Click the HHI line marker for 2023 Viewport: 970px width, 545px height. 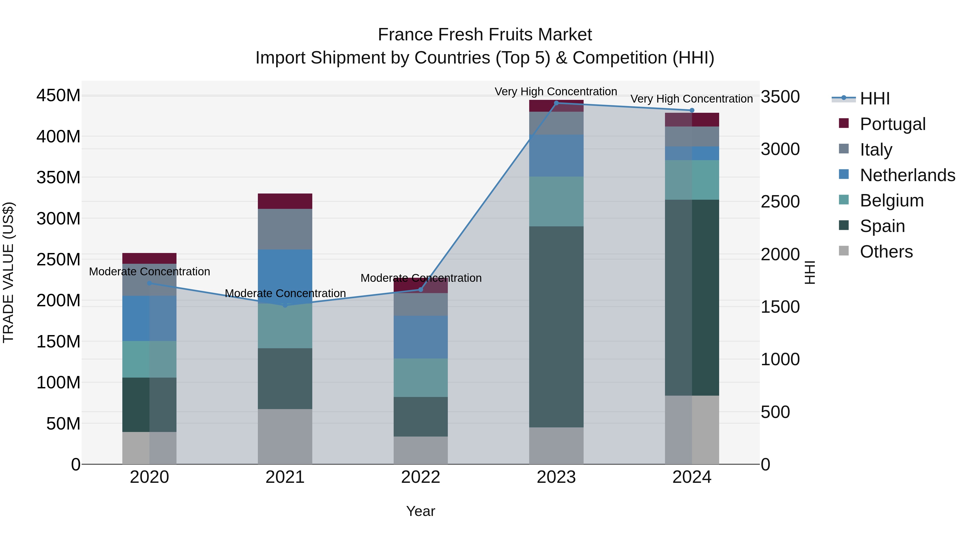click(556, 103)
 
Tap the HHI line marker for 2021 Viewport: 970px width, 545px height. click(285, 305)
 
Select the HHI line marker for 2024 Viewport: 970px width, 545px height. click(692, 110)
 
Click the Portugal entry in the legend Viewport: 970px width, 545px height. click(892, 124)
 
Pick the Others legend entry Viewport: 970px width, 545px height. click(886, 251)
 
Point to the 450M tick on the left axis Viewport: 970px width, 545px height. click(58, 96)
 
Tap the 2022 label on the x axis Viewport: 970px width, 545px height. click(421, 477)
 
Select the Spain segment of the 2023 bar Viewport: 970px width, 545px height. click(556, 326)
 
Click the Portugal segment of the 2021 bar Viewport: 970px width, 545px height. click(285, 201)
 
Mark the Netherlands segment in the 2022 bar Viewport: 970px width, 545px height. click(421, 337)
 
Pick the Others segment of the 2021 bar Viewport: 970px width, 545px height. click(285, 436)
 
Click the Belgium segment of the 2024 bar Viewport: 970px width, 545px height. click(692, 180)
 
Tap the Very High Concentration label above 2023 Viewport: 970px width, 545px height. click(556, 92)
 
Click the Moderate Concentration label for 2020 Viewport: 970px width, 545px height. click(150, 272)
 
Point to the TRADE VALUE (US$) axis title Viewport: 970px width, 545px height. click(9, 272)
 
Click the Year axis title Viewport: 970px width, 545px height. click(421, 511)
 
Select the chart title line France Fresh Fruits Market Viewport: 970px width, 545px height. click(485, 35)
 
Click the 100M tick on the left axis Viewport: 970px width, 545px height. click(58, 382)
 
